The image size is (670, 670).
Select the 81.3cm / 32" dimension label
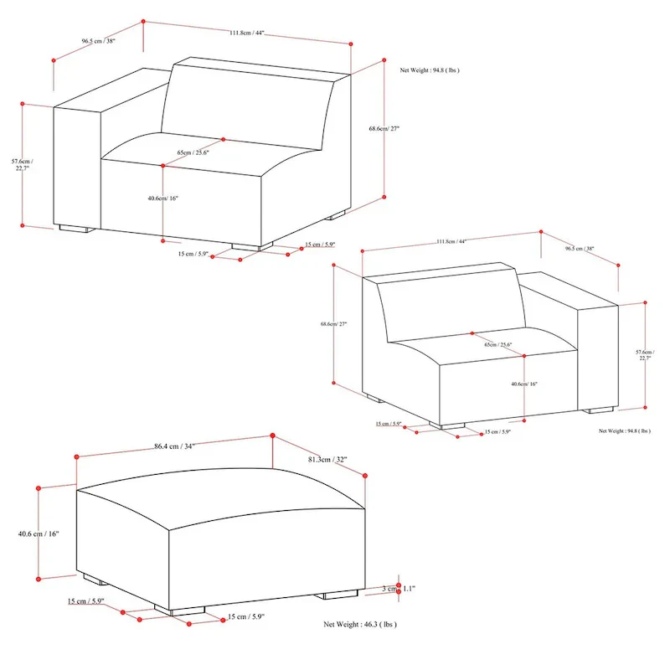327,460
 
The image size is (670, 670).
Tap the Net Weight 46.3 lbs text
360,625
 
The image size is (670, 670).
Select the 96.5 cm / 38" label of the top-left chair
98,40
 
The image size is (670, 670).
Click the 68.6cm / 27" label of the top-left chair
384,129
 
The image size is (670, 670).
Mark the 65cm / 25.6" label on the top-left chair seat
193,152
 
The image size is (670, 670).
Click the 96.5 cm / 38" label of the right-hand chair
580,249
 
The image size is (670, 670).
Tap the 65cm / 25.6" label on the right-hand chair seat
499,344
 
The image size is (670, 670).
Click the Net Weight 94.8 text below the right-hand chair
625,430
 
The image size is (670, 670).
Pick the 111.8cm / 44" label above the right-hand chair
451,241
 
